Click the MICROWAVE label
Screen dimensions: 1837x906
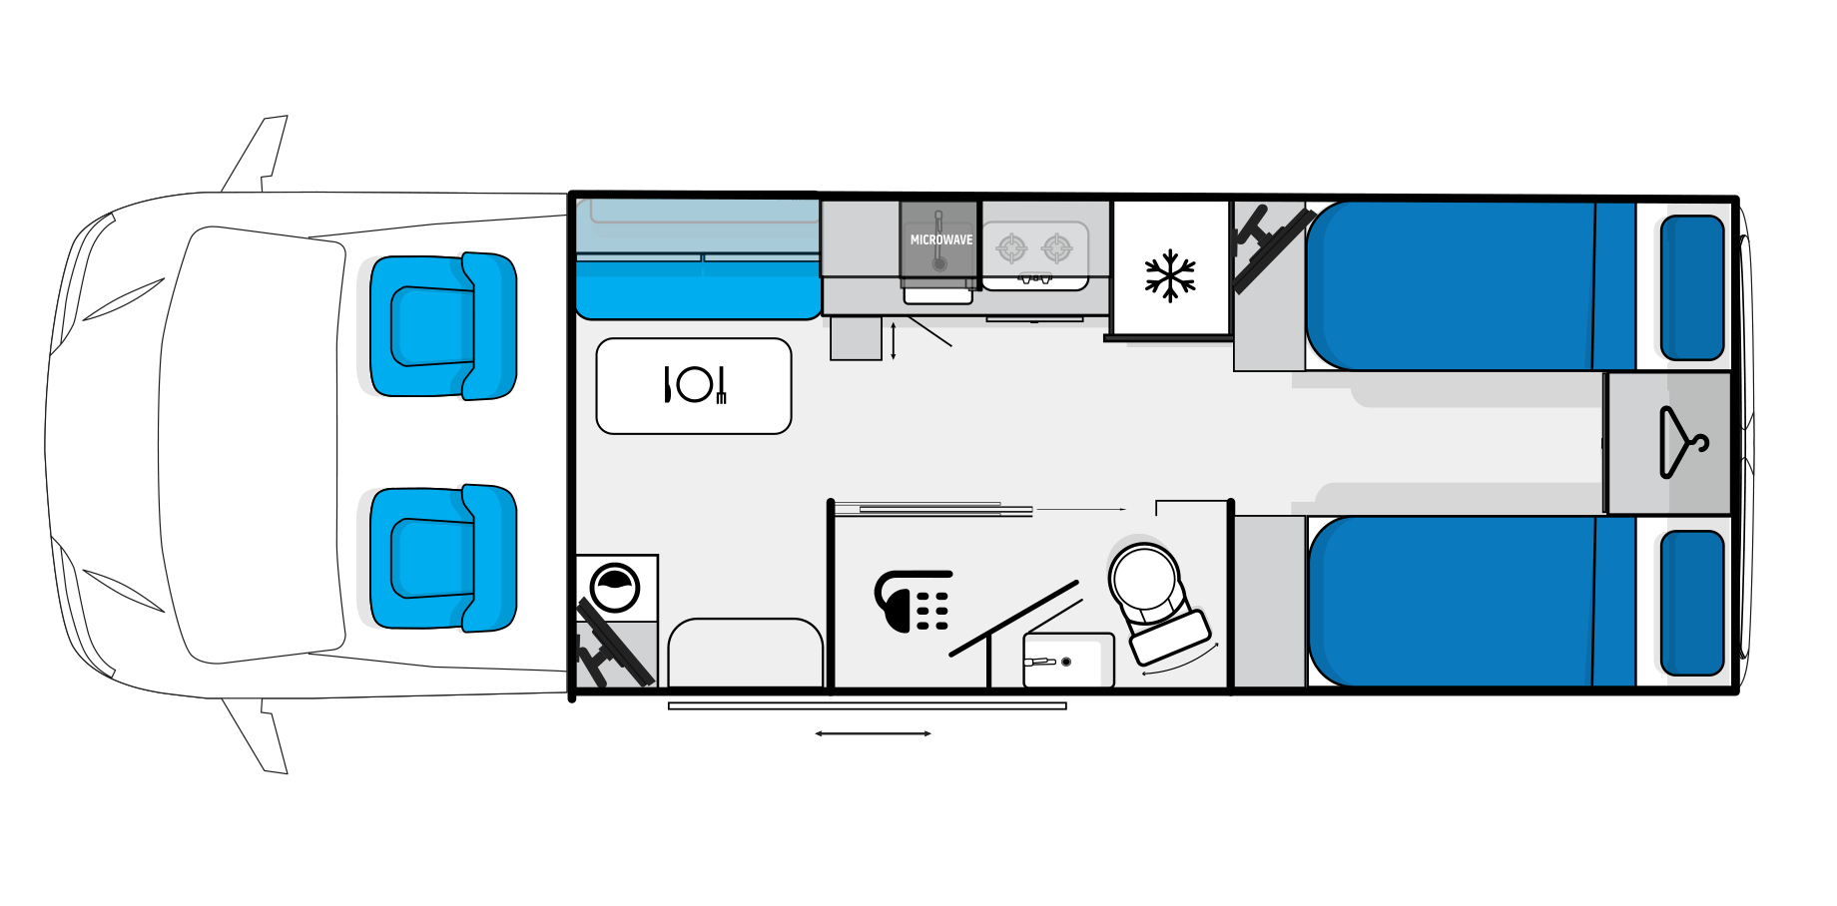(940, 240)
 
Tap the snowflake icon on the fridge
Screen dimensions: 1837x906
(1170, 275)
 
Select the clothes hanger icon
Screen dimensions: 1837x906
(1683, 442)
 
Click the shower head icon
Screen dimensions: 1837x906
(912, 601)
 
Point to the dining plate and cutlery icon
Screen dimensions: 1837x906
(695, 385)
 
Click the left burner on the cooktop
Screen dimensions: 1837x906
(1011, 247)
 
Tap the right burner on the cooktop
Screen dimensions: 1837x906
(1056, 247)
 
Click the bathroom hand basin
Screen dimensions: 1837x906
(1068, 661)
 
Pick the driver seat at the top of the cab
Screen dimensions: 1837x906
(443, 326)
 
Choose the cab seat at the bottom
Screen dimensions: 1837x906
(443, 558)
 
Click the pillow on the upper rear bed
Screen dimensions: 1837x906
(1692, 287)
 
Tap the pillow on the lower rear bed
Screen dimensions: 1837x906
(1692, 603)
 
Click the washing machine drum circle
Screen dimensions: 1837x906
(615, 588)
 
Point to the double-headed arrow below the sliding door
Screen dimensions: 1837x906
(873, 733)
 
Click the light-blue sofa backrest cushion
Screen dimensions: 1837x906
(698, 226)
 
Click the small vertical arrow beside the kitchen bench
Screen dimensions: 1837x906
(894, 340)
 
